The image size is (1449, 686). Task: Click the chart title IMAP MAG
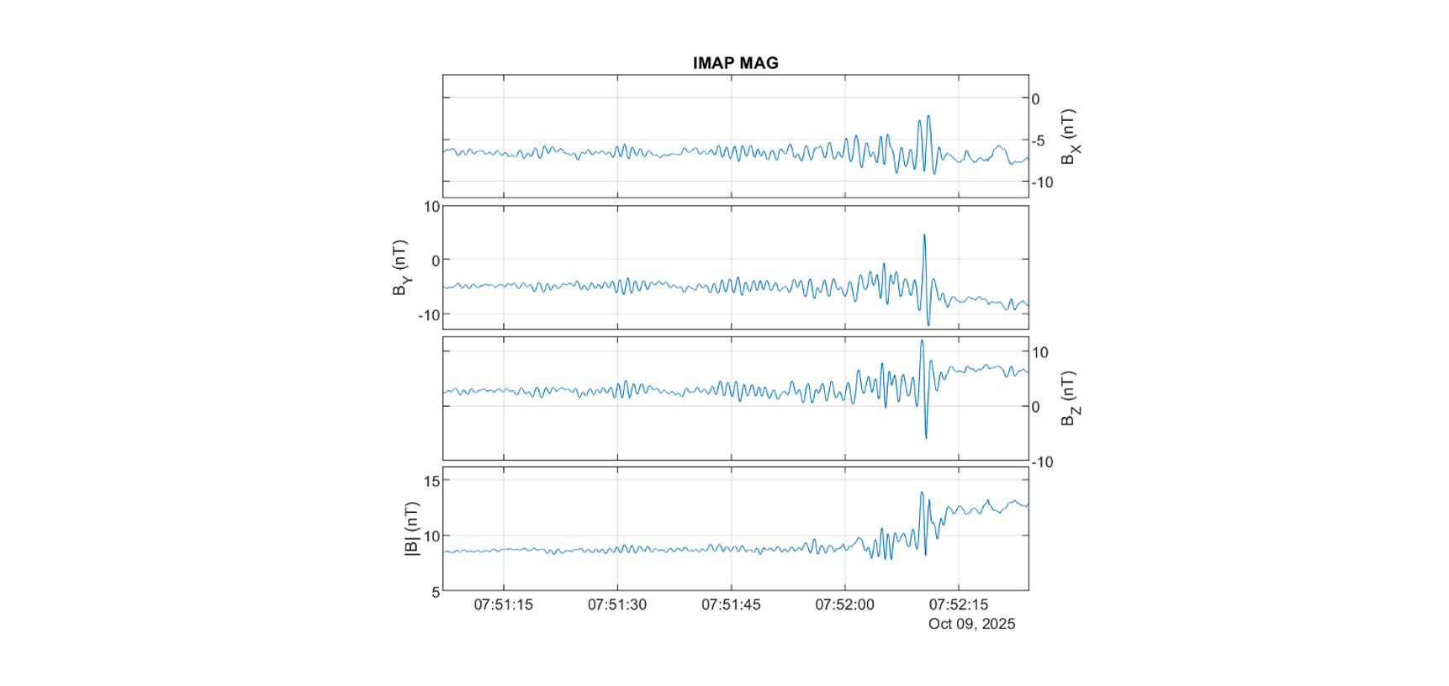(x=735, y=63)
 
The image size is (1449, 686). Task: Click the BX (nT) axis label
(x=1069, y=136)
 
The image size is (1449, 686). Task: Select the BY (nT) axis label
(x=401, y=267)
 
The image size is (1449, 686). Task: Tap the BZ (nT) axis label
(x=1069, y=398)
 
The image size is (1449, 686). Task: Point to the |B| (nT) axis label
(x=411, y=529)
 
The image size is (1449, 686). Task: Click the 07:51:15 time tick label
(x=503, y=604)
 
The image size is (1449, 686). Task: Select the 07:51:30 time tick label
(x=617, y=604)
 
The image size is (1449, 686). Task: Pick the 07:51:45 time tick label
(x=731, y=604)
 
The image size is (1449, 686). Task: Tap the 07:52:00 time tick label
(x=844, y=604)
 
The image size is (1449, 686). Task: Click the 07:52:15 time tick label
(x=958, y=604)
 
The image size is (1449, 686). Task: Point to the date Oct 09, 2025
(x=971, y=624)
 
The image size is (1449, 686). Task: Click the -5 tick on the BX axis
(x=1039, y=140)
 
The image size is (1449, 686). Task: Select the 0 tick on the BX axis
(x=1035, y=99)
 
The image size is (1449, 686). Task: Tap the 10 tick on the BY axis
(x=431, y=207)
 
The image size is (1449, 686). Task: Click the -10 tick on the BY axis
(x=429, y=315)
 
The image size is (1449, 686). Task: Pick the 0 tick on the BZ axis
(x=1035, y=407)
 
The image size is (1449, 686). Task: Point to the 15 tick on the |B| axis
(x=431, y=481)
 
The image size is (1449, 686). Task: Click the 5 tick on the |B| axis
(x=436, y=592)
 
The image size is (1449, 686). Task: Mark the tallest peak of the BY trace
(x=924, y=235)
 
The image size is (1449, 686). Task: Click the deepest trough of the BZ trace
(x=926, y=438)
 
